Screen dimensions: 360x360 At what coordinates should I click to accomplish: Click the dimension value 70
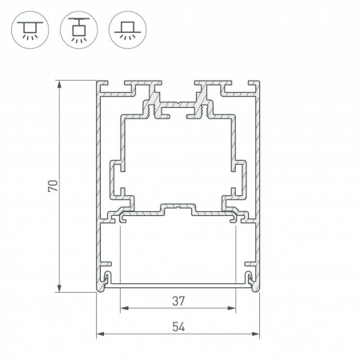coord(53,186)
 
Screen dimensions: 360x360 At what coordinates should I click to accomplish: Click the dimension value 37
coord(178,301)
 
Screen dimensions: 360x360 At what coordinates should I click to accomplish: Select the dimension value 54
coord(178,327)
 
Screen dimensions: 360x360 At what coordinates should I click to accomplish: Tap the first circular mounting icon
coord(30,30)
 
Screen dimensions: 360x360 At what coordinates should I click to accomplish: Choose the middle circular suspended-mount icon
coord(79,30)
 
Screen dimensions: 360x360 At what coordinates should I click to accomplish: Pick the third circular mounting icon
coord(128,30)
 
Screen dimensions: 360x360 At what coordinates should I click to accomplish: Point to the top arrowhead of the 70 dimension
coord(59,84)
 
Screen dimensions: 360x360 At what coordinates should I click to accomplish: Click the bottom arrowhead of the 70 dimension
coord(59,288)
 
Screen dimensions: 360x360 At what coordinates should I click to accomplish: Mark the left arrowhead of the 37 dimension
coord(124,308)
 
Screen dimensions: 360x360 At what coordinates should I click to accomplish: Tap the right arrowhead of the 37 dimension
coord(232,308)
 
